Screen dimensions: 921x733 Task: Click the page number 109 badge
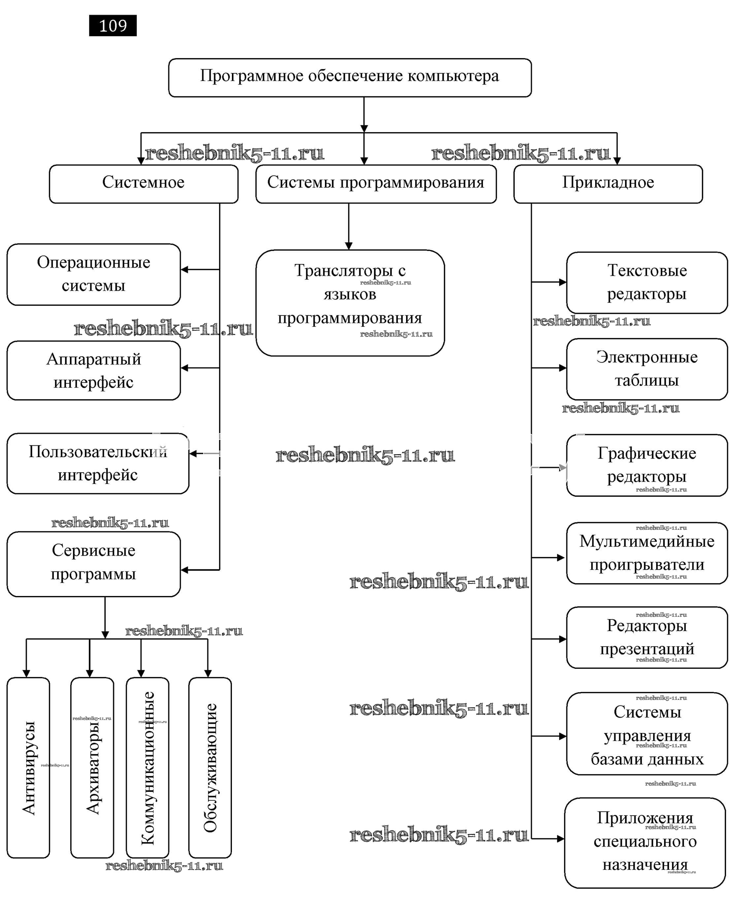[x=112, y=26]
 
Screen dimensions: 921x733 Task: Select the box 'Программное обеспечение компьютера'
[x=349, y=77]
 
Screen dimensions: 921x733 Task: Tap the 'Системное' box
[x=143, y=183]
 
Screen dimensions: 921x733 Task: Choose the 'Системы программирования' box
[x=375, y=183]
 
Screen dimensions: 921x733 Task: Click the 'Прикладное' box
[x=607, y=183]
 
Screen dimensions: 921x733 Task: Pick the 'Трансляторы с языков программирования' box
[x=350, y=303]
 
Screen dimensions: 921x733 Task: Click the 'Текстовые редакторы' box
[x=646, y=282]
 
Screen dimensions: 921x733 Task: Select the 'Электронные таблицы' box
[x=646, y=369]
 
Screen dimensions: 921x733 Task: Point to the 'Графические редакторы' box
[x=646, y=465]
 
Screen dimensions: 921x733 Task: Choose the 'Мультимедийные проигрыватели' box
[x=646, y=553]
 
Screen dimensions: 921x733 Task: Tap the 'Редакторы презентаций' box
[x=646, y=638]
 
